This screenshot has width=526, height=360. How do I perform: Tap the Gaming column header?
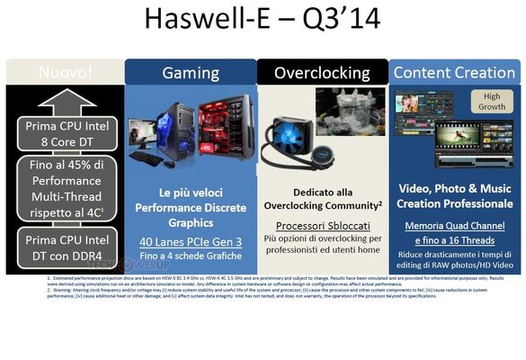click(x=190, y=72)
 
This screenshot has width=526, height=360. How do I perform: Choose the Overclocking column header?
click(x=322, y=72)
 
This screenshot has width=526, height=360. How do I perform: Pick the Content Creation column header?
click(x=455, y=72)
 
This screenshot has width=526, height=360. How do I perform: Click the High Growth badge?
click(x=492, y=102)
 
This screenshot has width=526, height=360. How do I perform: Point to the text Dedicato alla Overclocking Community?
click(x=322, y=198)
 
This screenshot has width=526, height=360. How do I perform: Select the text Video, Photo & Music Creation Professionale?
click(x=455, y=197)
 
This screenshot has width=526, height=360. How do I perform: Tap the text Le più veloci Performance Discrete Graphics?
click(x=190, y=204)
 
